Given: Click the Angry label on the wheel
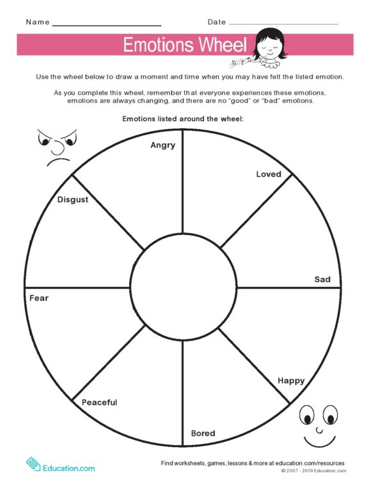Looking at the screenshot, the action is point(162,145).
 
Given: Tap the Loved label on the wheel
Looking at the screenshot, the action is point(268,174).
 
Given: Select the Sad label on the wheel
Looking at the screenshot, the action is point(322,279).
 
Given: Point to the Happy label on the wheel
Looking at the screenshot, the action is point(290,380).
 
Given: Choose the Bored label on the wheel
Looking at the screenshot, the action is point(203,434).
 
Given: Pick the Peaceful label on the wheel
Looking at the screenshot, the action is point(99,402).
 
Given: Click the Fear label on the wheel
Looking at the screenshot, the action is point(38,298).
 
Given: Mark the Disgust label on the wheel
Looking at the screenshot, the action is point(72,199).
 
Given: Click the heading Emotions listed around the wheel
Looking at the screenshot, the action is point(182,119).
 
